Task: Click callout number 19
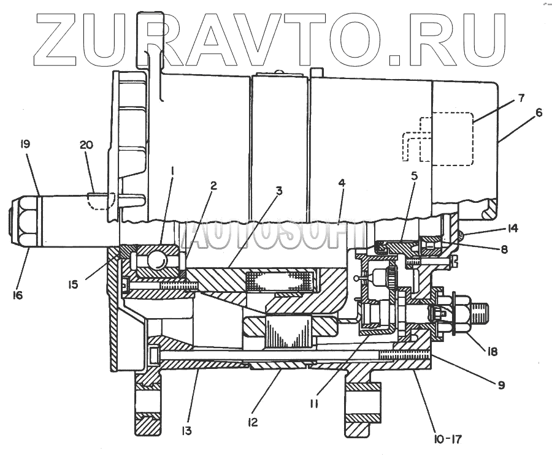(25, 145)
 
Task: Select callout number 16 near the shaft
(18, 295)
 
